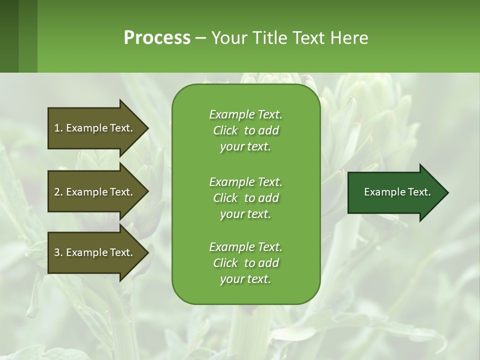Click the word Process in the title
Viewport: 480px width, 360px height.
(x=157, y=37)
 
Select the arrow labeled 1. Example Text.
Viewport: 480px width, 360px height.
(x=98, y=128)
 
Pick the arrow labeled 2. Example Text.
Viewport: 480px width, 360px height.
(x=98, y=191)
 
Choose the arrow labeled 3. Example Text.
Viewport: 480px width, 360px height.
(x=98, y=252)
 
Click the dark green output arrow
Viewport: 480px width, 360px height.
(x=398, y=192)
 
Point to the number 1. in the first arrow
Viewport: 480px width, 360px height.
(x=58, y=128)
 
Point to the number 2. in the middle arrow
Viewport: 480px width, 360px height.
(x=58, y=192)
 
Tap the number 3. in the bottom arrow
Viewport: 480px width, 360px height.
(x=58, y=252)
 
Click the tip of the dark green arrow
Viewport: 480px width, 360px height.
(x=448, y=192)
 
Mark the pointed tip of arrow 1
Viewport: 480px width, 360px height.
(x=149, y=128)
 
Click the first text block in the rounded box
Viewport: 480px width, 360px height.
(x=246, y=130)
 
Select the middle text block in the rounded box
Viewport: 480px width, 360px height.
(x=246, y=198)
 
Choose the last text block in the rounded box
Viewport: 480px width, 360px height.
(x=246, y=263)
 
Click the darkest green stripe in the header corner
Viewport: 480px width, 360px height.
(x=9, y=36)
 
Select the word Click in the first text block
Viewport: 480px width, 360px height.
(x=225, y=130)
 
